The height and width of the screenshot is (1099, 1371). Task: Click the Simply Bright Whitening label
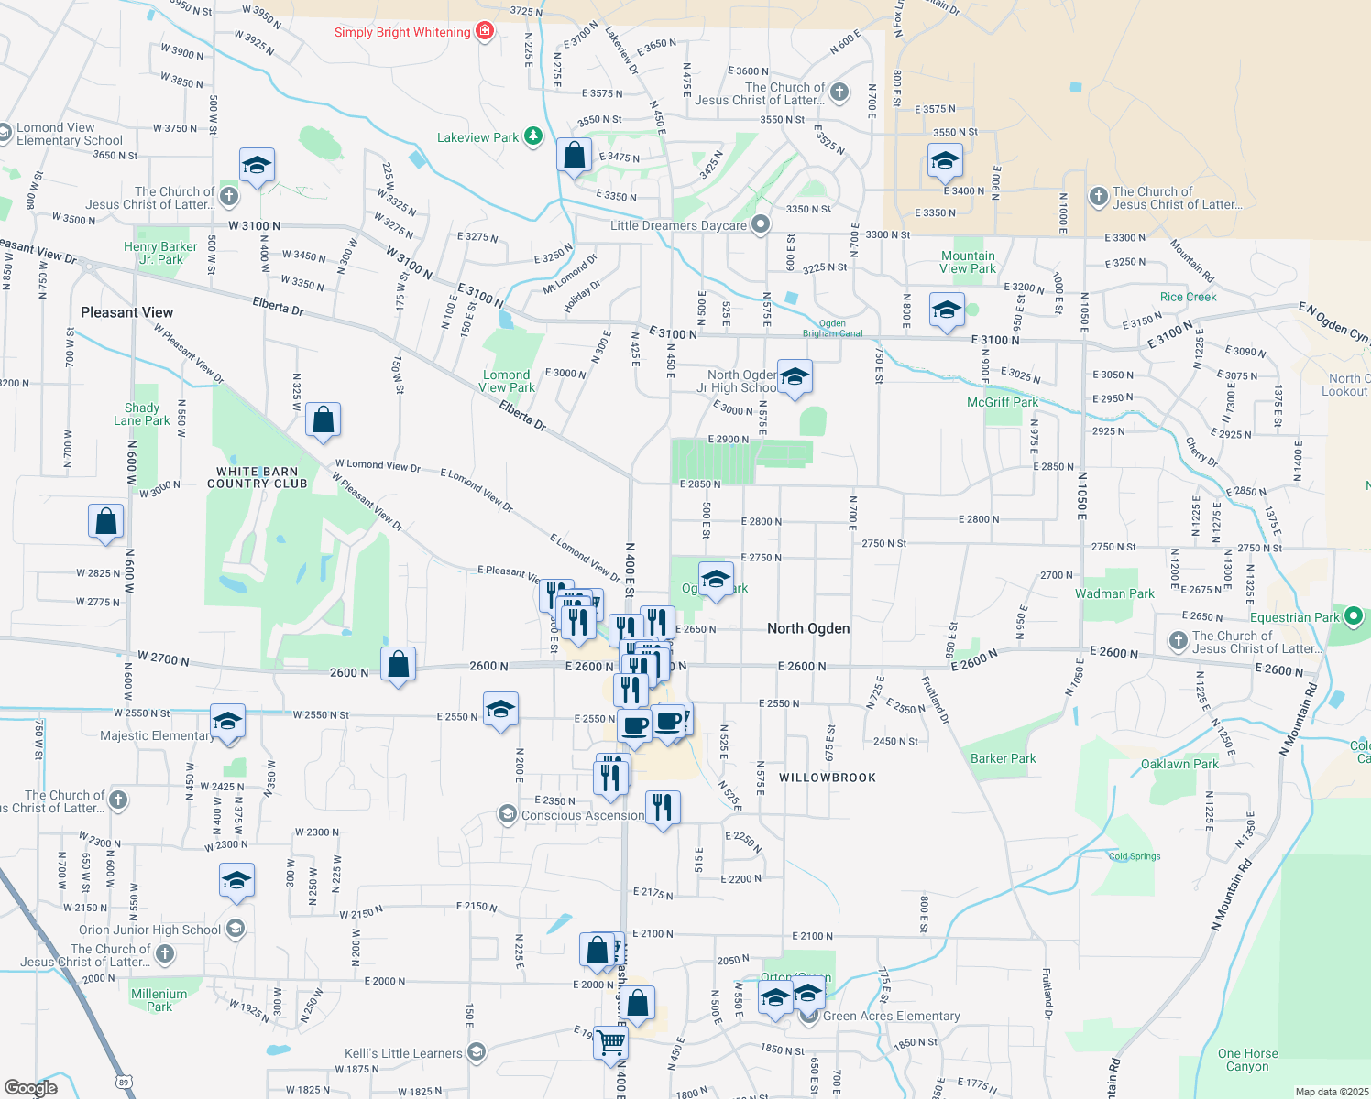[x=402, y=33]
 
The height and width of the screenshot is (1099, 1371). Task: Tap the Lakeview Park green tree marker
[x=533, y=137]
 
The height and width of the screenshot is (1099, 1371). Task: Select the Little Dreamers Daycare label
[x=678, y=225]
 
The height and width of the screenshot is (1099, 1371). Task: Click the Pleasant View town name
[x=126, y=312]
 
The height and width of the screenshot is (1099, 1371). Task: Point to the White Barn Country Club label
[x=257, y=477]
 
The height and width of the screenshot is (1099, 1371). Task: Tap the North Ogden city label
[x=808, y=628]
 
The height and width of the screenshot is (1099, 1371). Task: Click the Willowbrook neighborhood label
[x=828, y=778]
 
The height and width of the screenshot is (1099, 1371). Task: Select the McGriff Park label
[x=1003, y=402]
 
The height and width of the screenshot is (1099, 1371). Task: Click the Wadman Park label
[x=1114, y=593]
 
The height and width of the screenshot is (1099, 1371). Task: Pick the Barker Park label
[x=1004, y=758]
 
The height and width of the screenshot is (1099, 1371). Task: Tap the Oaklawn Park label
[x=1179, y=764]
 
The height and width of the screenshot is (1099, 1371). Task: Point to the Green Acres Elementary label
[x=891, y=1016]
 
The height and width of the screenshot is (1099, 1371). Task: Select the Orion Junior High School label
[x=150, y=930]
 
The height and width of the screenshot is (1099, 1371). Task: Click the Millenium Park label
[x=159, y=1000]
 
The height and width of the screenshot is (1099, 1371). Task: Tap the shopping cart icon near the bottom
[x=610, y=1042]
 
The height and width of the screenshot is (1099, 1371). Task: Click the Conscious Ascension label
[x=583, y=815]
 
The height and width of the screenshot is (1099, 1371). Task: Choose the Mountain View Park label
[x=968, y=262]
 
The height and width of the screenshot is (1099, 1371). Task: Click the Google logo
[x=31, y=1087]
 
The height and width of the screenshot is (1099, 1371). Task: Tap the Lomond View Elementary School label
[x=70, y=134]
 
